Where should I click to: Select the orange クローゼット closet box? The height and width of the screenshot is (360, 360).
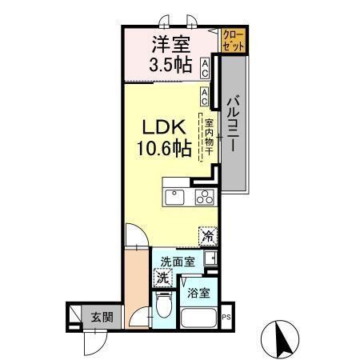(234, 41)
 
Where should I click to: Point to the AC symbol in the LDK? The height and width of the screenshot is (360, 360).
(206, 97)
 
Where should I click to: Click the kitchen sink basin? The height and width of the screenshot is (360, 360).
(174, 198)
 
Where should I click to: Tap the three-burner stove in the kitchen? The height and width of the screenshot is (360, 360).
(204, 198)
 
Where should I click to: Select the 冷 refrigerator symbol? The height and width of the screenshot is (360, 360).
(207, 236)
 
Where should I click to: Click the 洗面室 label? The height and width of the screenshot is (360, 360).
(176, 261)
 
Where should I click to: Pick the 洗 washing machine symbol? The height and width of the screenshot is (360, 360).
(162, 279)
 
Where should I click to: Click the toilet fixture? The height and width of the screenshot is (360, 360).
(163, 305)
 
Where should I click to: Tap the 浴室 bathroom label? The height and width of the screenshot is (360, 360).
(198, 293)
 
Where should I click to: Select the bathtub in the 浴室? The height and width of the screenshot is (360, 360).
(199, 318)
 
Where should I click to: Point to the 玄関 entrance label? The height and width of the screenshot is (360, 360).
(101, 317)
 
